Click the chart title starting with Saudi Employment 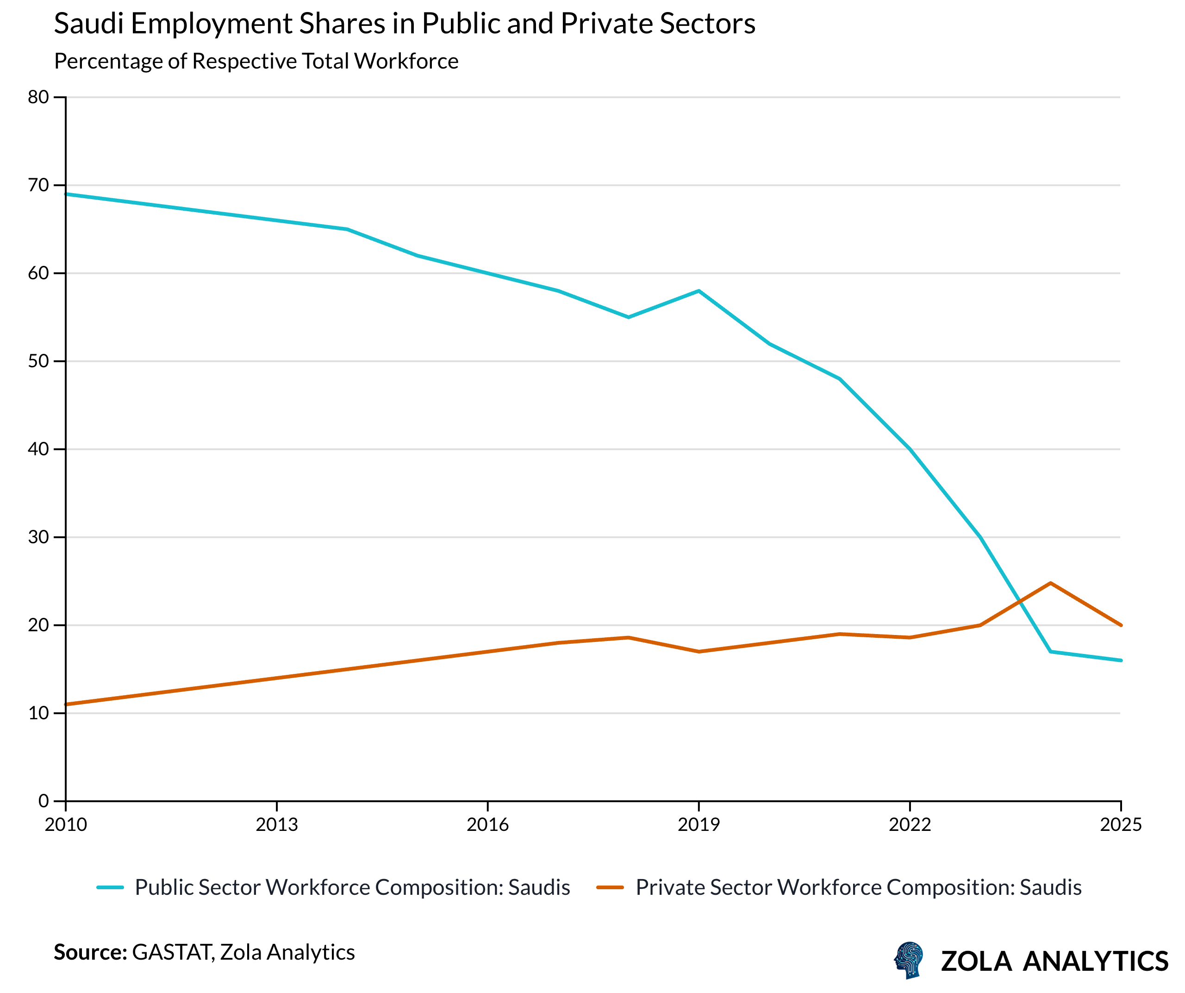click(404, 24)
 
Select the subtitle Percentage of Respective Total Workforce click(256, 61)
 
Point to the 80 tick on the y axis click(38, 97)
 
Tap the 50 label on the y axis click(38, 361)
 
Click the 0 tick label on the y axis click(44, 800)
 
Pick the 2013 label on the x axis click(276, 825)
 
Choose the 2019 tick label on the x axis click(699, 825)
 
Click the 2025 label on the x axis click(1120, 825)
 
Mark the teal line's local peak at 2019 click(699, 291)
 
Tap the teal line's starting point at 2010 click(66, 194)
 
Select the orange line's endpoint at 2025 click(1120, 625)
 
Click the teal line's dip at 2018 click(628, 317)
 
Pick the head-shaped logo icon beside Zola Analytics click(909, 960)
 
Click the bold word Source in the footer click(90, 952)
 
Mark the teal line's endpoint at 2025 click(1120, 660)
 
